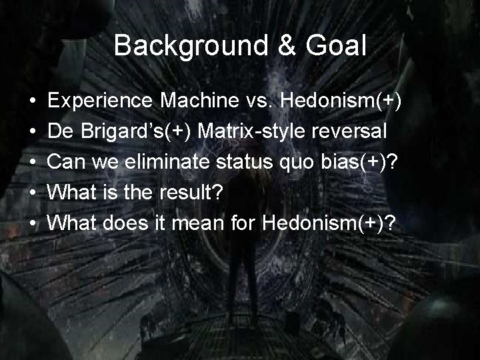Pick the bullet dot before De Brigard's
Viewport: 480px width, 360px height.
pos(33,131)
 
